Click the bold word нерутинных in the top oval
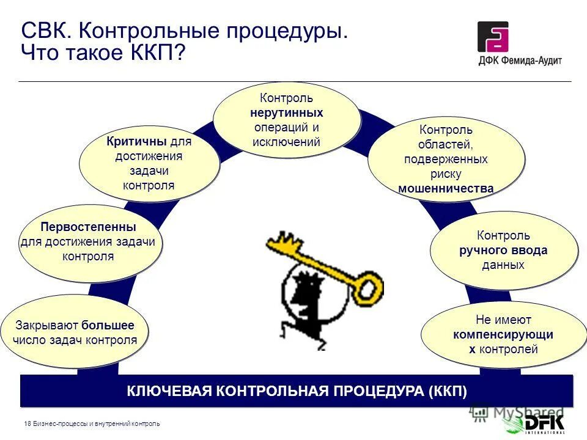click(x=286, y=113)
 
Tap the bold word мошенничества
click(x=446, y=188)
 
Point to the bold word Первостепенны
click(x=88, y=227)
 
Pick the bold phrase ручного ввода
click(x=503, y=251)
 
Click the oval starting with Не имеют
click(x=503, y=334)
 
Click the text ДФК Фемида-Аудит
click(x=520, y=61)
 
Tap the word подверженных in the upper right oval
click(x=446, y=159)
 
